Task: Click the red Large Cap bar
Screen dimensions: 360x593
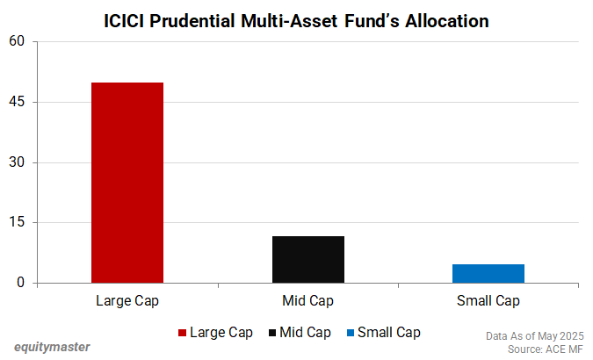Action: click(x=127, y=183)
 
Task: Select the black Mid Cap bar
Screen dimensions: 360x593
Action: click(x=307, y=260)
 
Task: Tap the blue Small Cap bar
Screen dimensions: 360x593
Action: click(x=488, y=273)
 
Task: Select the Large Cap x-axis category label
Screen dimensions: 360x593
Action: click(x=127, y=301)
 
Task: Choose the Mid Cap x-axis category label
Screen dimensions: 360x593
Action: click(x=307, y=301)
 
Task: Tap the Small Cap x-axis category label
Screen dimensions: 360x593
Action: click(x=488, y=301)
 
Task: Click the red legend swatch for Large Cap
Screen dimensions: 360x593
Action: click(x=183, y=333)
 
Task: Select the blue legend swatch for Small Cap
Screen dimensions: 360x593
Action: click(x=351, y=333)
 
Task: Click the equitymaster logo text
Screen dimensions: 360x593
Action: click(x=52, y=346)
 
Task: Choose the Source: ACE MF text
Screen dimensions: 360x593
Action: click(x=546, y=349)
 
